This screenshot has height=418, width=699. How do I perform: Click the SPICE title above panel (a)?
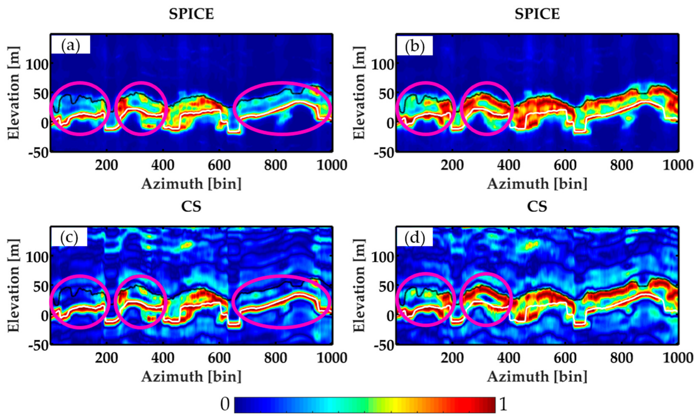(x=191, y=14)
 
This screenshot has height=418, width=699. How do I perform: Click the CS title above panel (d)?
(x=537, y=207)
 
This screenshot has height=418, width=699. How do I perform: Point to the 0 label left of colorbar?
(x=225, y=405)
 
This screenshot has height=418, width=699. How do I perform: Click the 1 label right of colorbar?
(x=503, y=405)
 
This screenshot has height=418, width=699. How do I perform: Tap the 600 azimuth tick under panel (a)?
(x=219, y=165)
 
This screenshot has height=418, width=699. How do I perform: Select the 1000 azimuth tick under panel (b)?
(x=678, y=165)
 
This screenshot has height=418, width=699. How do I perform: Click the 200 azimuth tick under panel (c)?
(x=106, y=358)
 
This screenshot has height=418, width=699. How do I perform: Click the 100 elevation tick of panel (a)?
(x=37, y=65)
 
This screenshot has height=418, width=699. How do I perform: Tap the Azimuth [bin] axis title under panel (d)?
(x=537, y=377)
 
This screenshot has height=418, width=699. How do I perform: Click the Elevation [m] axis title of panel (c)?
(x=14, y=285)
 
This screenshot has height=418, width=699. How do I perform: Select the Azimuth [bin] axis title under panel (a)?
(x=191, y=184)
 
